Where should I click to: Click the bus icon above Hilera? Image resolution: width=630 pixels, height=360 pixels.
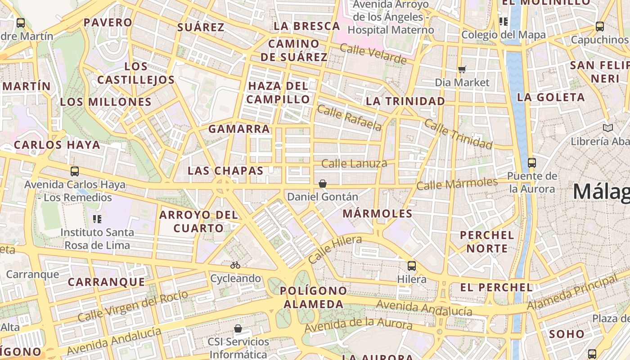tap(411, 265)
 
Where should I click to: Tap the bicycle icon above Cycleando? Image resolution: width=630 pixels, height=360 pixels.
tap(235, 265)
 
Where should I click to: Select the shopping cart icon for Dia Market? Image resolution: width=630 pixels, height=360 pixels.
tap(462, 69)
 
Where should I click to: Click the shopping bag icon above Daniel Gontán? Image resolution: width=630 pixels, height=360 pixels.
tap(322, 184)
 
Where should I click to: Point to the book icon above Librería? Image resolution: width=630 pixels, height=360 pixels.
tap(607, 128)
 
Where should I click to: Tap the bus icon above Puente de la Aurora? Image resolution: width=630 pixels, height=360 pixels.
tap(531, 162)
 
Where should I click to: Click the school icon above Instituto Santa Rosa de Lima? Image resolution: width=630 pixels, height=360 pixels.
tap(97, 219)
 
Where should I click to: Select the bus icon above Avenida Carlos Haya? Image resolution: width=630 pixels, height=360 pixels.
tap(74, 171)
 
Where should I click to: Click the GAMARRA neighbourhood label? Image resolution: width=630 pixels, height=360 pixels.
tap(239, 129)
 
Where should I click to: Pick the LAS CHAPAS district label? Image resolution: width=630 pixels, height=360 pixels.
tap(225, 171)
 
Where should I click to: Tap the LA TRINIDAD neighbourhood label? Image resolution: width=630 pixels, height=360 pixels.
tap(405, 101)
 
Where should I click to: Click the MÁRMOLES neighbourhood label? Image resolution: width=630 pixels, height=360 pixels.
tap(378, 214)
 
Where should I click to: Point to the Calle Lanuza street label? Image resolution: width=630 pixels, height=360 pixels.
tap(354, 163)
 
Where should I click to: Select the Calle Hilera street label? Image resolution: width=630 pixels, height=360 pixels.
tap(335, 249)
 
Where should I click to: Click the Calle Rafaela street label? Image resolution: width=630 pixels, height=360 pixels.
tap(349, 117)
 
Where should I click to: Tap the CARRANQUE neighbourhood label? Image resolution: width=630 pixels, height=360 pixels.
tap(107, 282)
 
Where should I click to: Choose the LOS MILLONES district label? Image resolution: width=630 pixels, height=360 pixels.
tap(106, 102)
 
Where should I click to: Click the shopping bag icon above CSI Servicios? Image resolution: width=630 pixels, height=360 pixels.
tap(238, 328)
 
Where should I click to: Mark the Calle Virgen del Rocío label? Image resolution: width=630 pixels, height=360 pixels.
tap(133, 306)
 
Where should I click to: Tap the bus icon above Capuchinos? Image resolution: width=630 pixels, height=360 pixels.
tap(599, 27)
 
